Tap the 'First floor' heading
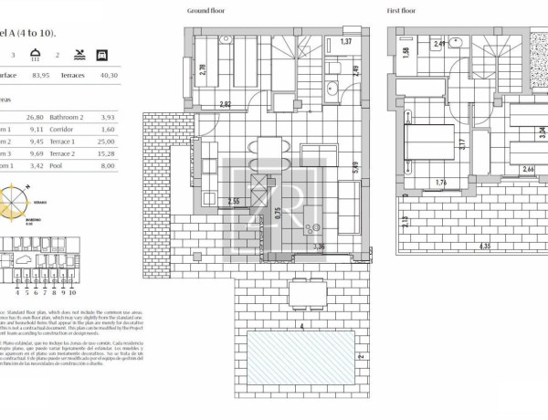coord(404,11)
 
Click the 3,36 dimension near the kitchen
coord(318,246)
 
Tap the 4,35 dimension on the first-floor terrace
coord(464,246)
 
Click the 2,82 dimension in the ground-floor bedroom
coord(225,104)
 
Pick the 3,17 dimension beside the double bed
coord(463,142)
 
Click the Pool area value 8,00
coord(135,167)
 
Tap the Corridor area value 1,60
coord(135,129)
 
